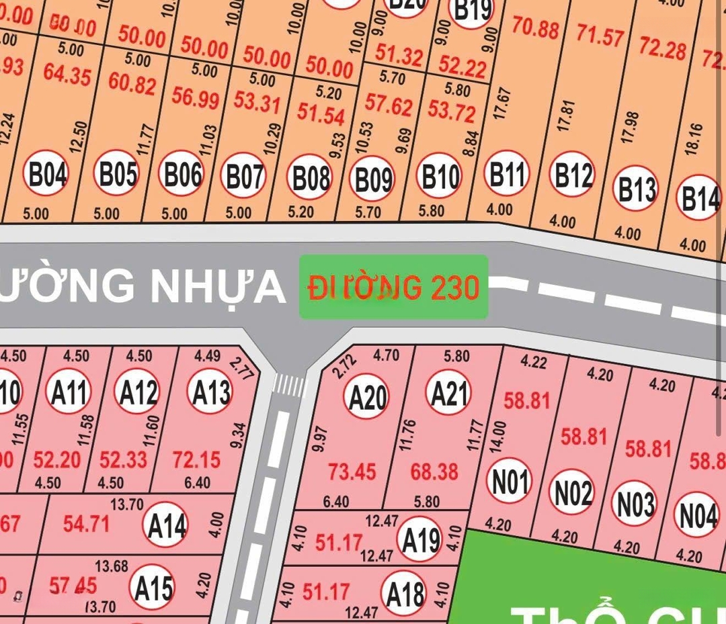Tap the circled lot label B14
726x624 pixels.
[699, 197]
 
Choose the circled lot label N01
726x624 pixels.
[509, 480]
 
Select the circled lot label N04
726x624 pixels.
[697, 515]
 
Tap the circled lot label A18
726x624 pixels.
[404, 594]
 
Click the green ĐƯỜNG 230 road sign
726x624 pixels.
[393, 287]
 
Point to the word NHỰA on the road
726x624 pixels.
[218, 285]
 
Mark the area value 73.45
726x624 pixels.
[352, 472]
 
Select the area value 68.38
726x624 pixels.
[434, 471]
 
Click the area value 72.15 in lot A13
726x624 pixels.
[196, 460]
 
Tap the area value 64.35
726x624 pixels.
[67, 74]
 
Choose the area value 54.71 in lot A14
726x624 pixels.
[85, 523]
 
